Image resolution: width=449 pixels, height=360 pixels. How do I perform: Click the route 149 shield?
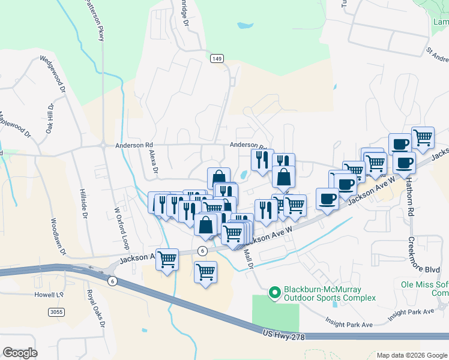coord(217,58)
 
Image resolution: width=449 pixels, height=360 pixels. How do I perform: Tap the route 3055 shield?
coord(56,311)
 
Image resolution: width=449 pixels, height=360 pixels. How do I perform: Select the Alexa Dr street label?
coord(152,162)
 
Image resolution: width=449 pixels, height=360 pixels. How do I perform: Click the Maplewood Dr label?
coord(14,125)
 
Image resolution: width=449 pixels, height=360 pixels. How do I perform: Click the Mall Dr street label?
coord(249,259)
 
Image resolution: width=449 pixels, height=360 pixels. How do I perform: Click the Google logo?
coord(20,352)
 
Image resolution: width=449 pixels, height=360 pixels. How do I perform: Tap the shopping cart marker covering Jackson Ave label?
coord(167,259)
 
